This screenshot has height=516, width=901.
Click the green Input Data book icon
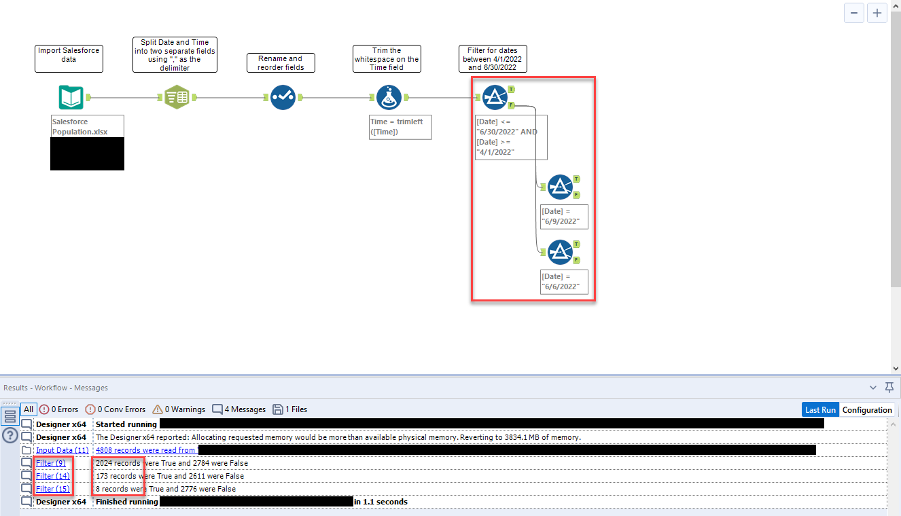(x=71, y=98)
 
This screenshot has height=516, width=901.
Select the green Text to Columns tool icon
(x=177, y=98)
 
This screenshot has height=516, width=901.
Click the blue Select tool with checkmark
(x=282, y=98)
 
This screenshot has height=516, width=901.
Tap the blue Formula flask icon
(x=389, y=98)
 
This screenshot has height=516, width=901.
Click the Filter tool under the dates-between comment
(x=495, y=98)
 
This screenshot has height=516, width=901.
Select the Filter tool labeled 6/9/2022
(x=560, y=187)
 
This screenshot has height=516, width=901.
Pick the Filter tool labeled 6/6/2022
(x=560, y=252)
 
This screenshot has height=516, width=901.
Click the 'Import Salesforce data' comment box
(x=69, y=58)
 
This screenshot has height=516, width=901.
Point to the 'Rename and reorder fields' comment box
(x=281, y=62)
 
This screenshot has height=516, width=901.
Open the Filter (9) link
(x=51, y=463)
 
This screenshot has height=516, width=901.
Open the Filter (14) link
(x=53, y=476)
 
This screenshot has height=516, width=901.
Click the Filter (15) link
(x=53, y=489)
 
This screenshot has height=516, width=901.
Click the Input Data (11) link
(x=62, y=450)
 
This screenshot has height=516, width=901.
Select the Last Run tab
(x=820, y=410)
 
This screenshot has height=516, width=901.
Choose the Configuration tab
(x=867, y=410)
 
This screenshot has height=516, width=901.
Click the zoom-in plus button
(x=877, y=13)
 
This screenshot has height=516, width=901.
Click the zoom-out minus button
(x=854, y=13)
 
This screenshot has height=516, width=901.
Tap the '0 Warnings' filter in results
(x=179, y=409)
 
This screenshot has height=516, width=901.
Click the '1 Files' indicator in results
(x=290, y=409)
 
